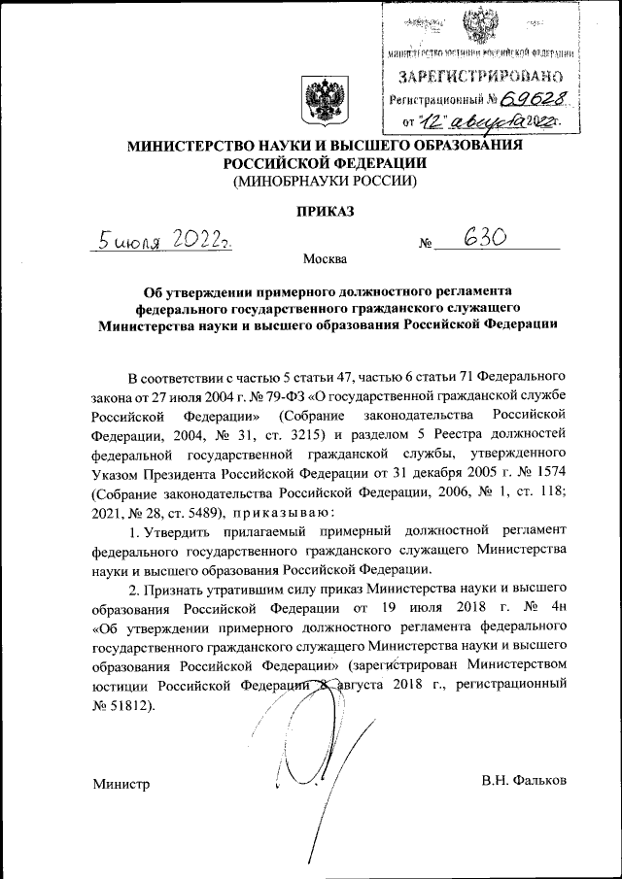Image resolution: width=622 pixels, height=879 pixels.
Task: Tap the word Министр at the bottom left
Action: [x=121, y=783]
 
